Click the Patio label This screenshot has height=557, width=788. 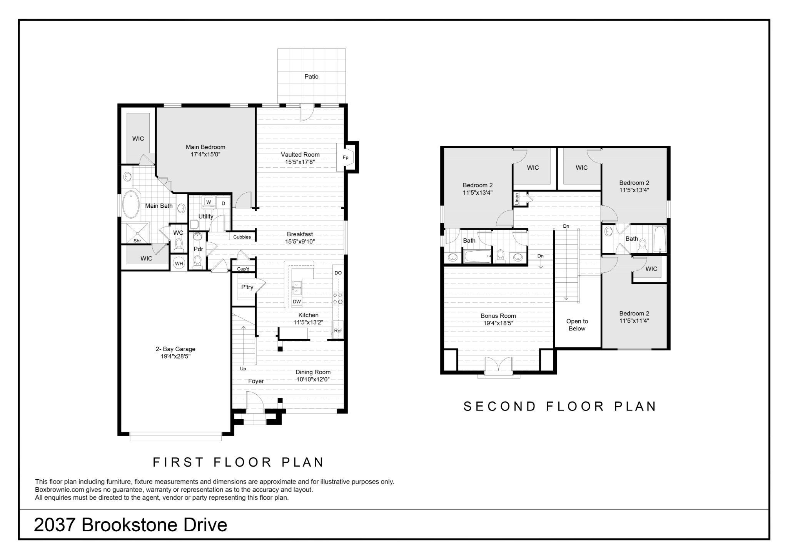tap(311, 77)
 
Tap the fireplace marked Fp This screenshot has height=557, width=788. tap(346, 157)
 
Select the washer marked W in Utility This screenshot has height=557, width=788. tap(209, 202)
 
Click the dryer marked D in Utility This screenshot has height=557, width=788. tap(223, 203)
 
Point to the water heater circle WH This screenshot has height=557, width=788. tap(179, 263)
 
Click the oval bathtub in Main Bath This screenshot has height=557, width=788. tap(131, 204)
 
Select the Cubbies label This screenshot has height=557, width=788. tap(242, 237)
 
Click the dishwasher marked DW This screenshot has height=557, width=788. tap(297, 302)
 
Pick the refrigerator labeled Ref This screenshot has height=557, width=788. tap(338, 330)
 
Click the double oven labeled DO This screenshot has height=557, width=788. tap(338, 273)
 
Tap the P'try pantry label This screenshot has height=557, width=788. tap(247, 287)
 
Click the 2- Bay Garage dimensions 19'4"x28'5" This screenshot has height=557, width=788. tap(175, 356)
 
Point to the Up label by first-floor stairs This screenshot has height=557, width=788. tap(243, 369)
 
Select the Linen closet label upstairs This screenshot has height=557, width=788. tap(517, 198)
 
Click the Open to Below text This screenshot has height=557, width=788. tap(577, 325)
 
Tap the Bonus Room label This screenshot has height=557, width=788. tap(498, 316)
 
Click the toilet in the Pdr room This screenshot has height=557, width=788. tap(197, 262)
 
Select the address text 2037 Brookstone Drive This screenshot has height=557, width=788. tap(130, 525)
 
